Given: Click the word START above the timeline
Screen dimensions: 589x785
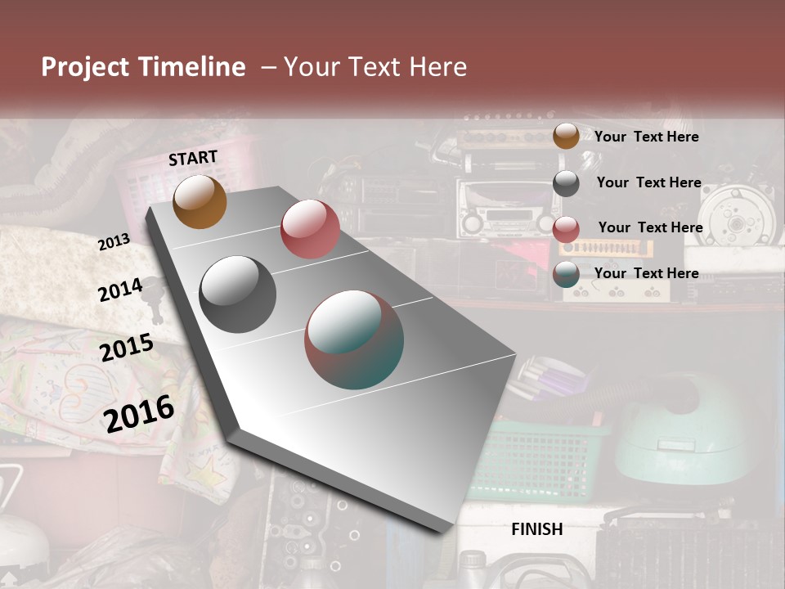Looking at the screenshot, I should pyautogui.click(x=193, y=158).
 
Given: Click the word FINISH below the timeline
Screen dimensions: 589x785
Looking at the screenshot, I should pyautogui.click(x=537, y=529).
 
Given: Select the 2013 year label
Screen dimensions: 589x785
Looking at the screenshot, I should pyautogui.click(x=114, y=242).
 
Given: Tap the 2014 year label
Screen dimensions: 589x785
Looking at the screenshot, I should pyautogui.click(x=120, y=290).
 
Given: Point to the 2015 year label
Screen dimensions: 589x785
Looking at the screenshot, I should pyautogui.click(x=127, y=348).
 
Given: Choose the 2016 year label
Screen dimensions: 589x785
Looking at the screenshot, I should pyautogui.click(x=139, y=413).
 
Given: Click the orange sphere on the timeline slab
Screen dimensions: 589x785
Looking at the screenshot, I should pyautogui.click(x=200, y=201).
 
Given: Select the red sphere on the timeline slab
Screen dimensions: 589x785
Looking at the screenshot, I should pyautogui.click(x=310, y=229).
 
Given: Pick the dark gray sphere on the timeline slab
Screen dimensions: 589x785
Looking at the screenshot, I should pyautogui.click(x=238, y=294).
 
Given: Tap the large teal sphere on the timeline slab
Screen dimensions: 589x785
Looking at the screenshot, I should pyautogui.click(x=354, y=339).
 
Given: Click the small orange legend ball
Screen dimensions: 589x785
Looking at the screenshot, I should pyautogui.click(x=566, y=136).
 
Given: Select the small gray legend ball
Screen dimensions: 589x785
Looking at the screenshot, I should pyautogui.click(x=566, y=183).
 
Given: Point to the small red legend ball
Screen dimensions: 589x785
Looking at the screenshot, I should pyautogui.click(x=566, y=229).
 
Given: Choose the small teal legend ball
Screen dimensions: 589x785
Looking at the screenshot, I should pyautogui.click(x=566, y=274).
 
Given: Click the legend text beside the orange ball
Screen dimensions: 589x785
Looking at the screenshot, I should pyautogui.click(x=646, y=137).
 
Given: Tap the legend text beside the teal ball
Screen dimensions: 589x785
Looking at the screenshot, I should pyautogui.click(x=646, y=273).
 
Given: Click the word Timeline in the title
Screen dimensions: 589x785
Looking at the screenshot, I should pyautogui.click(x=193, y=67).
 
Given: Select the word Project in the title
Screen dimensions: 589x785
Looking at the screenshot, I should pyautogui.click(x=86, y=67).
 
